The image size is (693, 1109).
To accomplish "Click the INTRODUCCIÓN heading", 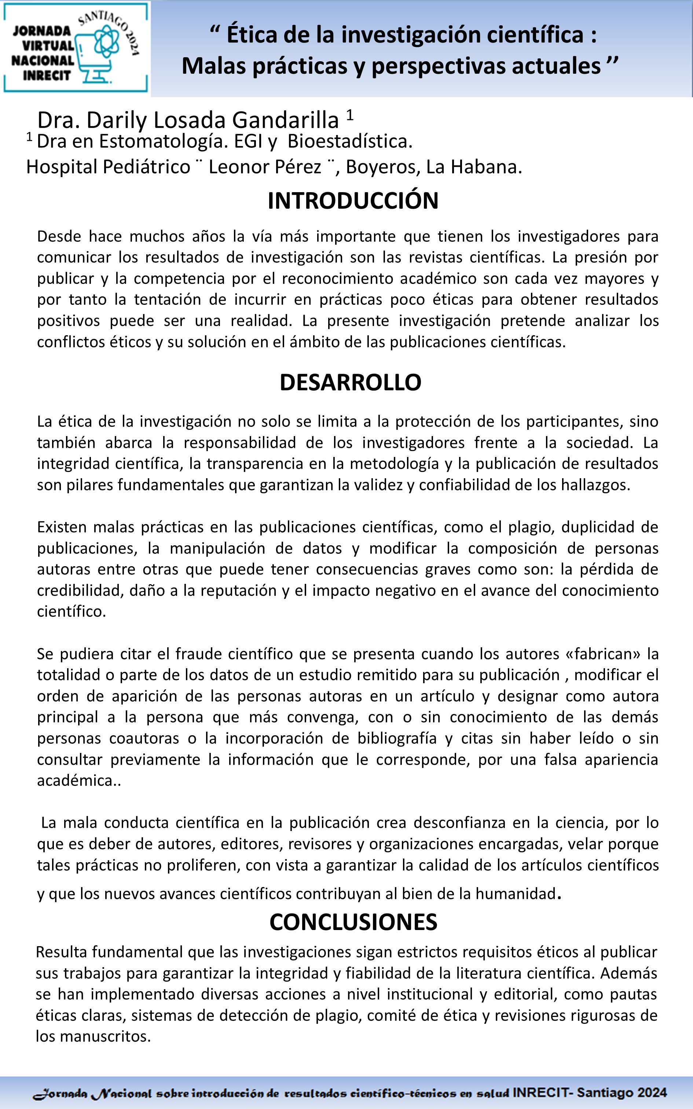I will point(353,201).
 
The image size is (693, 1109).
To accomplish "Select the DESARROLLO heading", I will point(350,382).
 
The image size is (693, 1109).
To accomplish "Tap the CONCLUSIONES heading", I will point(353,922).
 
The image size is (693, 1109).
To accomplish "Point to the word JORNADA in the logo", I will point(42,31).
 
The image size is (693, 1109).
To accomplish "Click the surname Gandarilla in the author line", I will point(286,121).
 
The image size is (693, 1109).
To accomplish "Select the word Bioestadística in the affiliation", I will point(350,142).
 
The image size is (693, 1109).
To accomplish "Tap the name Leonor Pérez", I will point(265,167).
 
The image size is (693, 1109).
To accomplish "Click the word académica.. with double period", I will point(79,780).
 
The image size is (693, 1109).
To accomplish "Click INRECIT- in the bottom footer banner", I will point(543,1092).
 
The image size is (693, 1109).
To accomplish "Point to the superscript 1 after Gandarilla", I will point(350,114).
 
